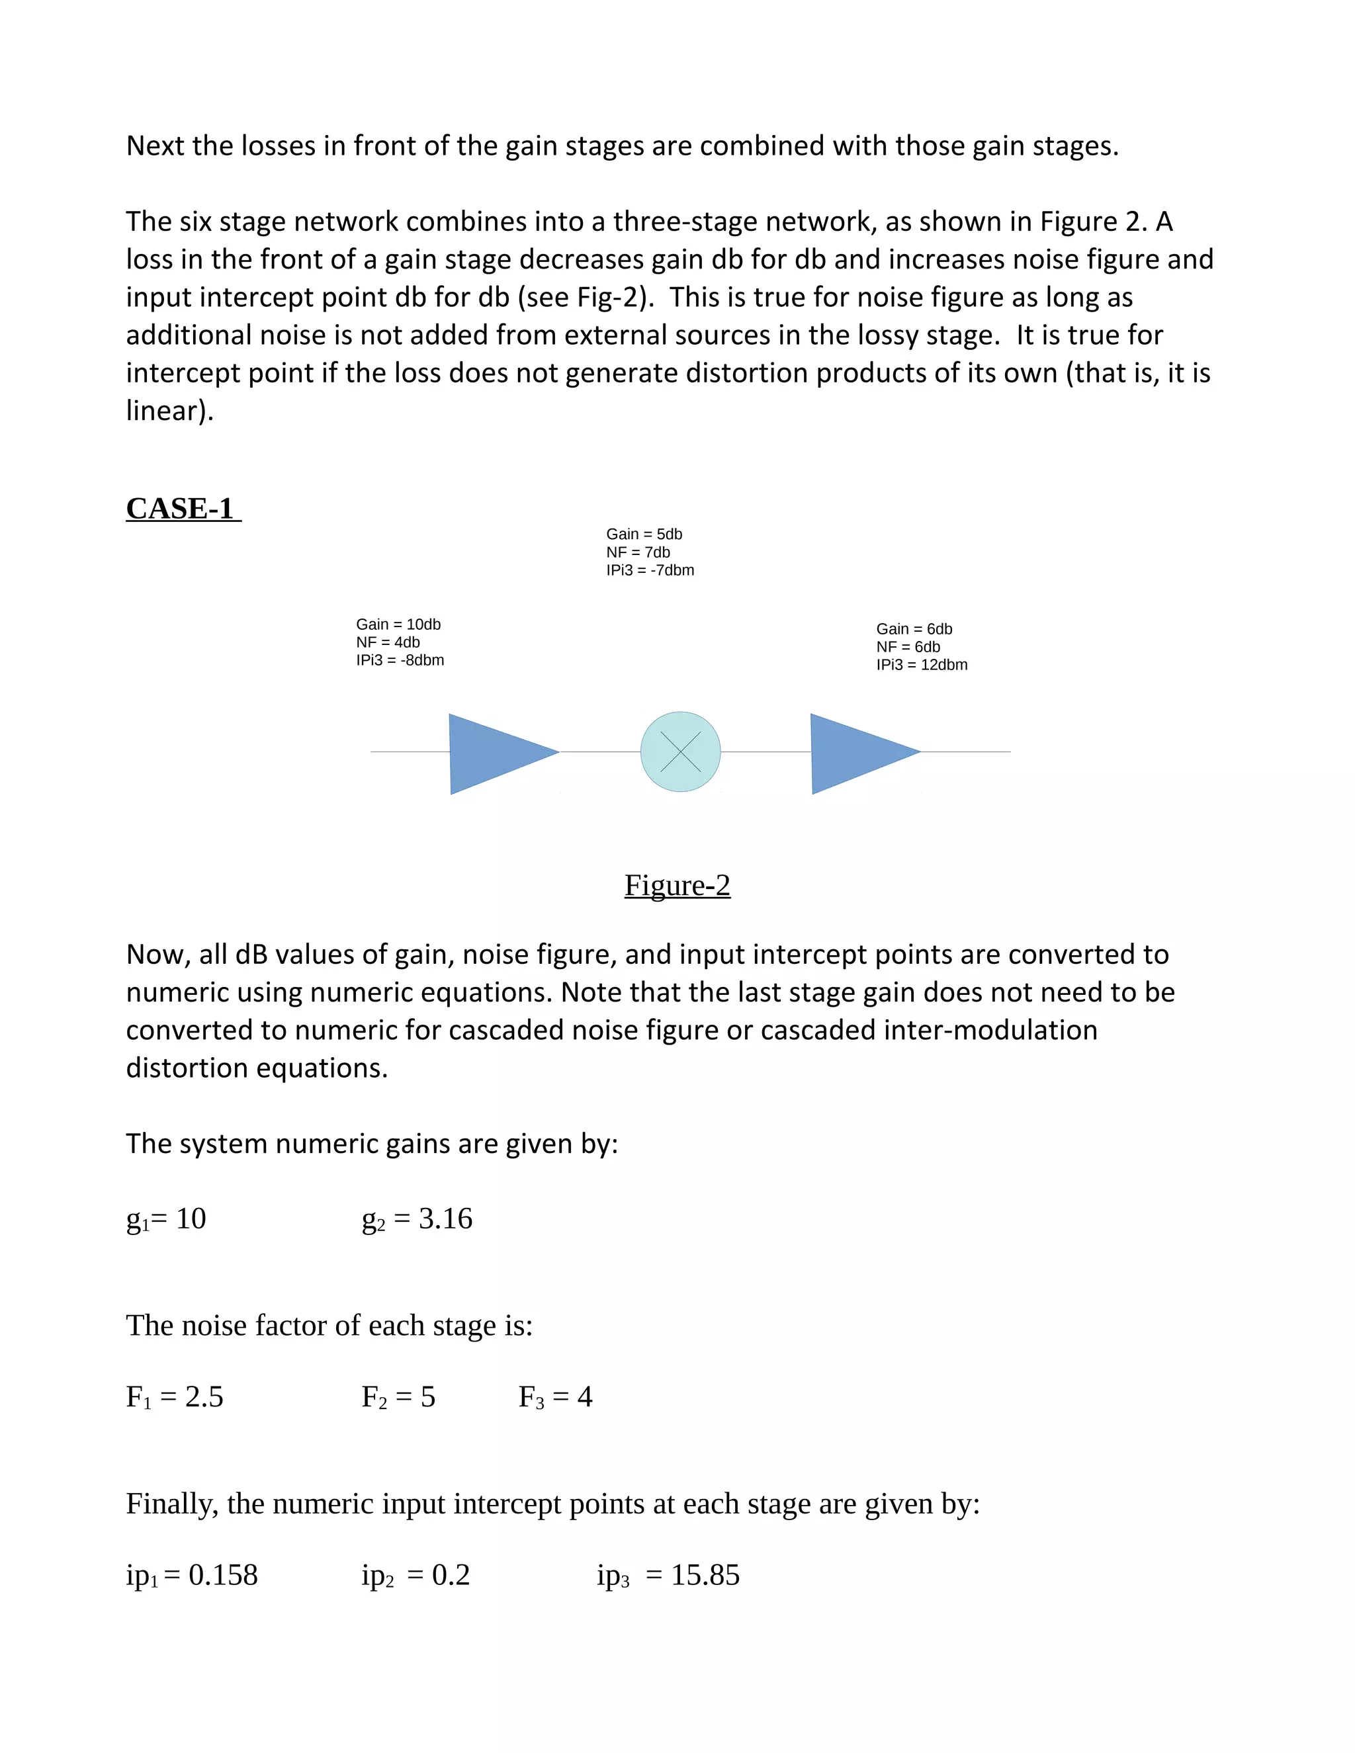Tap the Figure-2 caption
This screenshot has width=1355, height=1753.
coord(677,885)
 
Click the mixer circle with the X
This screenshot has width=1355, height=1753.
coord(680,752)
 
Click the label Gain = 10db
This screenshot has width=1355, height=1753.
coord(398,624)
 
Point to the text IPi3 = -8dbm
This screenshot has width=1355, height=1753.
coord(400,661)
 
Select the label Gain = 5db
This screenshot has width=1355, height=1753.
coord(644,534)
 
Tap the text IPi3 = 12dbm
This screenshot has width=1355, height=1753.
coord(922,665)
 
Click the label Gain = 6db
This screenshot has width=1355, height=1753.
coord(914,629)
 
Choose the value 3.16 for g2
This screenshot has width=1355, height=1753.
coord(445,1219)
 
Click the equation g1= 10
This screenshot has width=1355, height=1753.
coord(166,1219)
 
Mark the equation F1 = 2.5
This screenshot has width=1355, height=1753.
coord(174,1397)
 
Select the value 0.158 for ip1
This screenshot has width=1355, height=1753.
coord(223,1575)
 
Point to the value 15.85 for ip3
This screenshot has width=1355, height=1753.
coord(705,1575)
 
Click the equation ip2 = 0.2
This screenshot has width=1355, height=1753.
coord(415,1575)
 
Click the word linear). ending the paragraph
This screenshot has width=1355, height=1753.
coord(169,411)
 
